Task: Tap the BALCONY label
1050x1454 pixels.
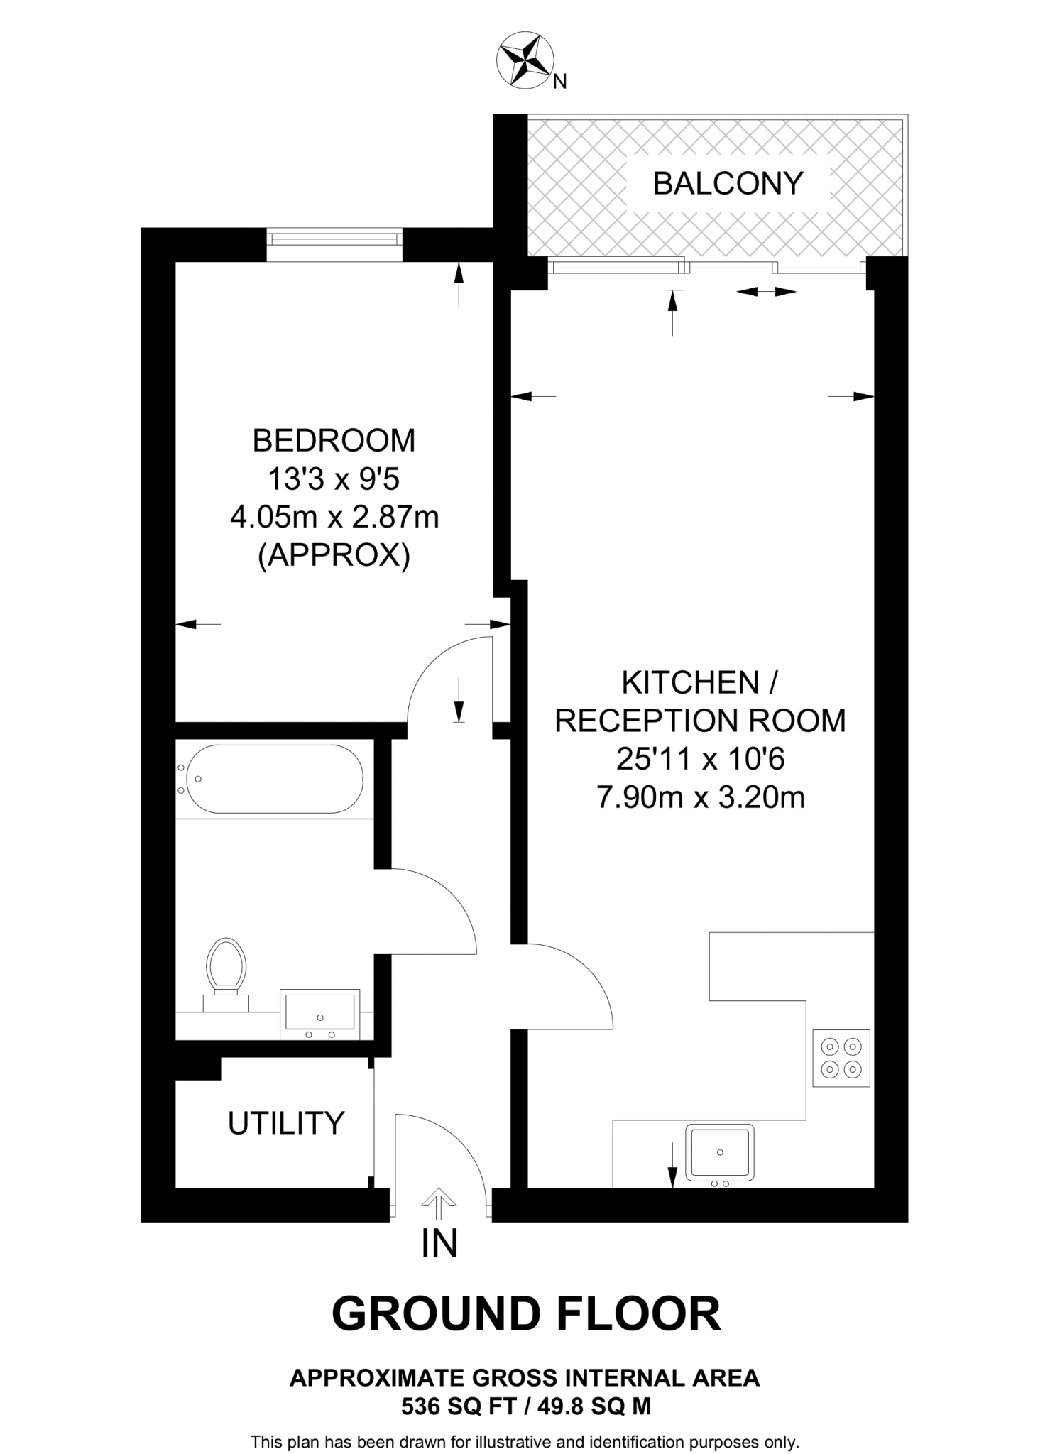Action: tap(728, 183)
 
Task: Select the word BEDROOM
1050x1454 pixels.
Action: tap(334, 441)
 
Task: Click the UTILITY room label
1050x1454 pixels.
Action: tap(286, 1123)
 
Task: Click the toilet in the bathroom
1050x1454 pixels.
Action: tap(226, 968)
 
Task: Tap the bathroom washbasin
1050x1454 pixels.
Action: tap(319, 1012)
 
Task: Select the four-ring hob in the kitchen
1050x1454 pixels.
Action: tap(841, 1057)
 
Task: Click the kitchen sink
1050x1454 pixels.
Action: tap(720, 1152)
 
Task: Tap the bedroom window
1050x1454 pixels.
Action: tap(334, 237)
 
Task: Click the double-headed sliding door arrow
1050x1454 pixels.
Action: tap(765, 292)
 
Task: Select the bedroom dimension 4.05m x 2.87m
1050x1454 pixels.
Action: tap(334, 518)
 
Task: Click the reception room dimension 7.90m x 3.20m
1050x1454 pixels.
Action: tap(700, 798)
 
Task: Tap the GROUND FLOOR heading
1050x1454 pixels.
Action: tap(526, 1314)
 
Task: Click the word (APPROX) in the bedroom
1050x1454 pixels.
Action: tap(334, 556)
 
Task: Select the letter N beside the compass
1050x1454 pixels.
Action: tap(560, 82)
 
